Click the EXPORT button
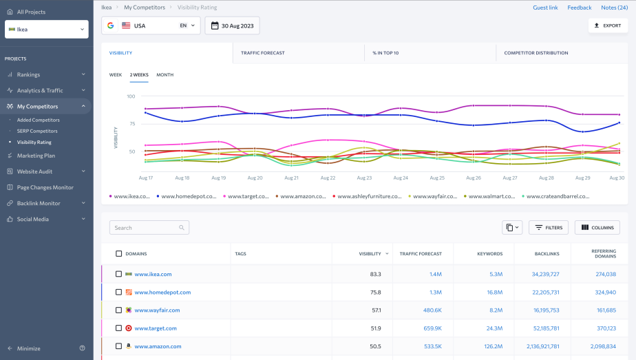[608, 25]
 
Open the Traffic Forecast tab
[262, 53]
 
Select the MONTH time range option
[165, 74]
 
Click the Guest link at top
[545, 8]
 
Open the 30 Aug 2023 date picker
[232, 25]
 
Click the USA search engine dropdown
[151, 25]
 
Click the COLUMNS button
[597, 227]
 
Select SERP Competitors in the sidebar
[37, 131]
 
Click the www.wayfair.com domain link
[157, 310]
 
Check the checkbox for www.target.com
[119, 328]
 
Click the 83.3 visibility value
[375, 274]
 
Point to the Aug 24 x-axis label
[400, 178]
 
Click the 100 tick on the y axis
[131, 96]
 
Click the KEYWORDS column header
[489, 253]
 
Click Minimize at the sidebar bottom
[28, 348]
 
